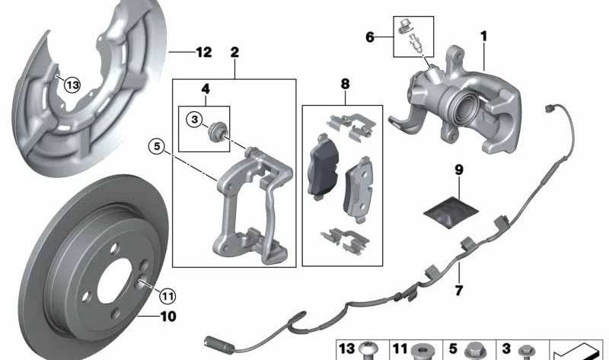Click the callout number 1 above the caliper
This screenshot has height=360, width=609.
tap(483, 36)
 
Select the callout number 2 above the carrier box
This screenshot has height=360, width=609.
tap(234, 53)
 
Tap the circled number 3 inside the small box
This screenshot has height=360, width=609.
tap(195, 119)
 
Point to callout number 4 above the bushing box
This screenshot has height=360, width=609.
tap(205, 90)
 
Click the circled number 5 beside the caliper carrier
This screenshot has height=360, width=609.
tap(157, 147)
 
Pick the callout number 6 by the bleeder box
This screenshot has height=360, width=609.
tap(371, 36)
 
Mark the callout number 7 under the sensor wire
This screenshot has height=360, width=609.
tap(459, 290)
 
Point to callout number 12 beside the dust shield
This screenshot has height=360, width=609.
tap(202, 53)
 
